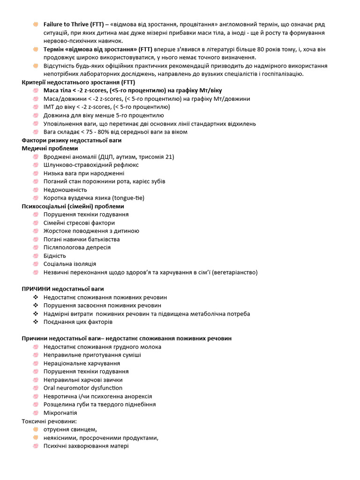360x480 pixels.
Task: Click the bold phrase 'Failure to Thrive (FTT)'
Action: click(x=73, y=24)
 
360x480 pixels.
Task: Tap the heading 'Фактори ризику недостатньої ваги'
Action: click(x=71, y=140)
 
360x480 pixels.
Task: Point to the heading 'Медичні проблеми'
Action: click(x=50, y=148)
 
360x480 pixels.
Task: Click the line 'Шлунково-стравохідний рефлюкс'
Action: click(x=89, y=165)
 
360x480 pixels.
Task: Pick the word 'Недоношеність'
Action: click(x=65, y=190)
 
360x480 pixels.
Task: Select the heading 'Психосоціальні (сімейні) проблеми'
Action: click(x=73, y=206)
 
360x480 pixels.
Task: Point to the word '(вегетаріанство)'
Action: click(x=234, y=272)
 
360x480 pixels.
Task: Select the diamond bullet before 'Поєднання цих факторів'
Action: click(x=36, y=322)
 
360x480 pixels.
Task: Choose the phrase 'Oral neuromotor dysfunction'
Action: click(x=83, y=388)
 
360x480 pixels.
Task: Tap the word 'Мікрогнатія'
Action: click(x=60, y=413)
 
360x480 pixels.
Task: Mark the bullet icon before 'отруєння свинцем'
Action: click(x=36, y=429)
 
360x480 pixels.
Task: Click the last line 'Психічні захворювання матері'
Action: click(x=86, y=446)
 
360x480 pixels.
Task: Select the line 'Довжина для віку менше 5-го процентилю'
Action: click(x=104, y=115)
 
